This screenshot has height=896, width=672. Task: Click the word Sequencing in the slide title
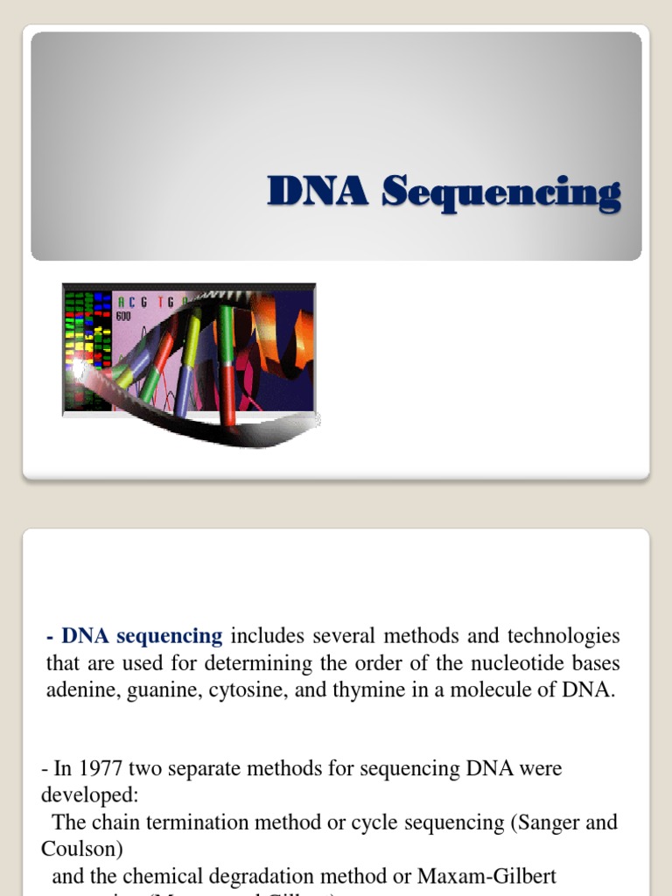point(501,193)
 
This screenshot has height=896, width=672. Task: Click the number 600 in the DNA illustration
point(124,316)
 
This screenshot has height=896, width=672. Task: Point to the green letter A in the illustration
point(121,301)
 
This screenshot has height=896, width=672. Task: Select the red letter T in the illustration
point(161,301)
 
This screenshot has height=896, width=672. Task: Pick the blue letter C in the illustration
point(134,301)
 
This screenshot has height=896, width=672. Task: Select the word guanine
point(164,689)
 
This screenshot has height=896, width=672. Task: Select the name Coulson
point(77,850)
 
